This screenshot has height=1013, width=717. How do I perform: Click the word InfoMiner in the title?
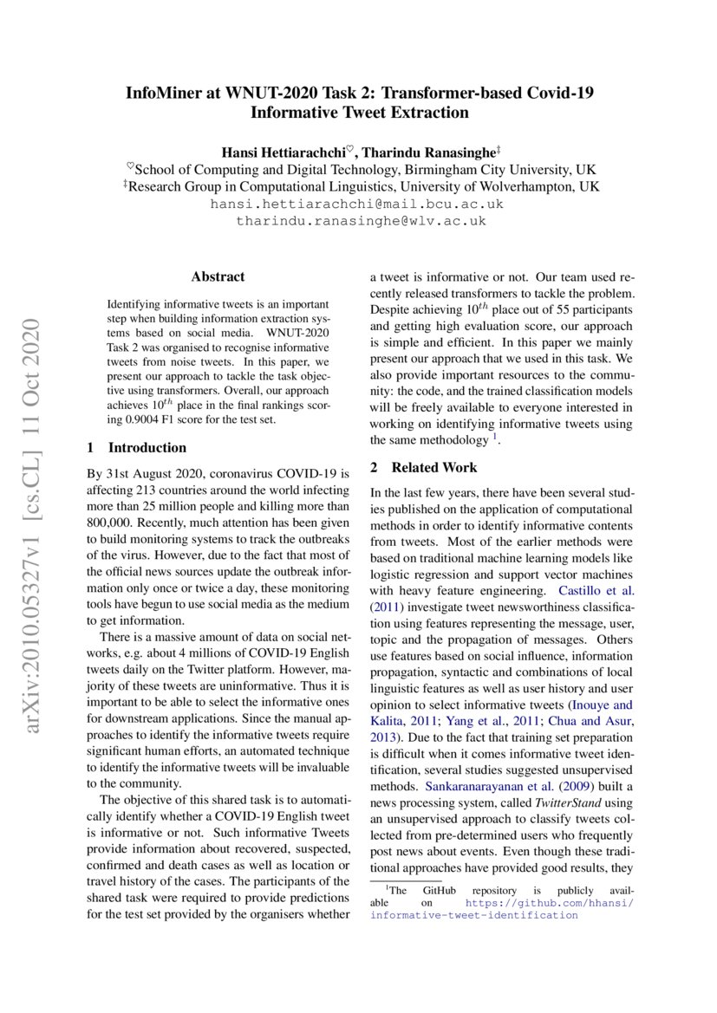pyautogui.click(x=164, y=93)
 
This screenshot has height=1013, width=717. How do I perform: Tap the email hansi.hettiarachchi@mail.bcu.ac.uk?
pyautogui.click(x=357, y=205)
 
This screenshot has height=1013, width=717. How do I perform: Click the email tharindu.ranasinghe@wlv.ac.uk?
pyautogui.click(x=361, y=222)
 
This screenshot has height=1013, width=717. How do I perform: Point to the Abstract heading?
pyautogui.click(x=218, y=277)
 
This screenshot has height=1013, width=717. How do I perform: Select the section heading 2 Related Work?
pyautogui.click(x=423, y=468)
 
